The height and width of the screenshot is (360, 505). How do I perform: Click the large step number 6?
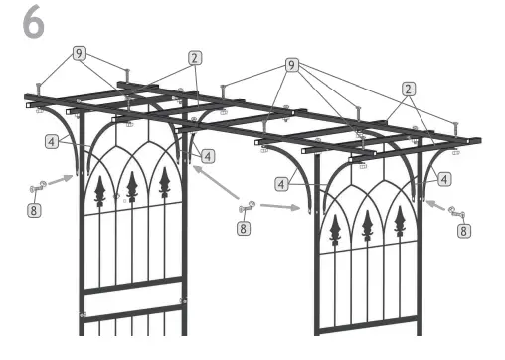tap(33, 25)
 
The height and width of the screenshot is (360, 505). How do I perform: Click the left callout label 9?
tap(78, 52)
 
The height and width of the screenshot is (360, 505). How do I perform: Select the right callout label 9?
tap(291, 65)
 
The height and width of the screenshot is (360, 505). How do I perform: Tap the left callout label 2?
tap(196, 59)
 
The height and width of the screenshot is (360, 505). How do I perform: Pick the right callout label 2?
tap(409, 89)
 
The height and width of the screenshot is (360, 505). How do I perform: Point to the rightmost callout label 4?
tap(443, 180)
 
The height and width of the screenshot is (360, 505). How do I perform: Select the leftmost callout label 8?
tap(34, 210)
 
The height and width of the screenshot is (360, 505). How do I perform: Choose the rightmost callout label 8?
tap(463, 230)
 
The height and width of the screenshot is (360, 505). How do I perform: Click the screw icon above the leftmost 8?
tap(38, 186)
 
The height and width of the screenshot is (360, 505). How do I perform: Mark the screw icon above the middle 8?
tap(248, 207)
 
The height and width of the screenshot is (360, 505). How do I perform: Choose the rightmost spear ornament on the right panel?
tap(399, 225)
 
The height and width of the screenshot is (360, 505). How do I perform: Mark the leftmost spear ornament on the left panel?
tap(99, 191)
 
